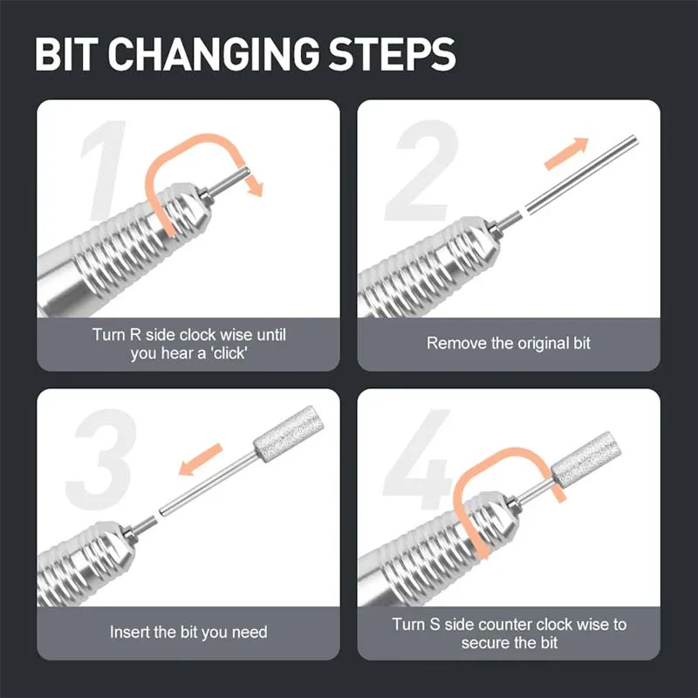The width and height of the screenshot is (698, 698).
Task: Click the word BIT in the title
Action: click(x=66, y=54)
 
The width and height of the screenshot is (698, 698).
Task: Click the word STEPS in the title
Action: click(x=392, y=54)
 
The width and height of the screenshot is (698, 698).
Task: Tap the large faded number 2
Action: click(x=421, y=170)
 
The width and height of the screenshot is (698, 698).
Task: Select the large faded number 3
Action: click(x=101, y=459)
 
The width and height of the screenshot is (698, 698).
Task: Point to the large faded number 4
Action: click(x=419, y=459)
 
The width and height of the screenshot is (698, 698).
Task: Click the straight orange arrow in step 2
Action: click(x=566, y=153)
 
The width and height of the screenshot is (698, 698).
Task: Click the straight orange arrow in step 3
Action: click(x=201, y=459)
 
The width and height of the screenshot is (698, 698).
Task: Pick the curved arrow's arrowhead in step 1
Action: click(x=255, y=186)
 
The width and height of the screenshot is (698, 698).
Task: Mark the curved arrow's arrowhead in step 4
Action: click(x=482, y=551)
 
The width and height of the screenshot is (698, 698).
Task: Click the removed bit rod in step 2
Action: click(x=581, y=174)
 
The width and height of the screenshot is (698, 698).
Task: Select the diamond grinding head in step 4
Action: click(x=586, y=454)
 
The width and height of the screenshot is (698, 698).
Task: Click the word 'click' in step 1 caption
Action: click(x=229, y=353)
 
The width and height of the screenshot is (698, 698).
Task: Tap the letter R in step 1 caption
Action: click(x=135, y=335)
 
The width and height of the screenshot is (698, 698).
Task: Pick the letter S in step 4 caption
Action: click(x=435, y=625)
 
